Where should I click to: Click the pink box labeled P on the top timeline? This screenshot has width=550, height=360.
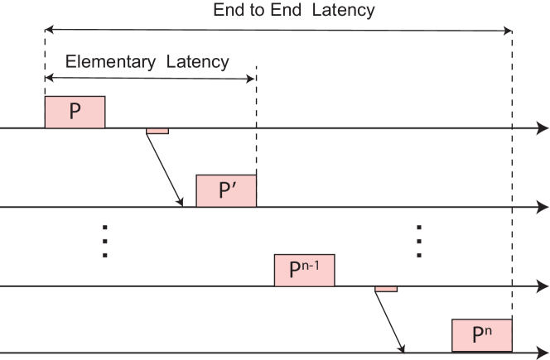click(x=75, y=112)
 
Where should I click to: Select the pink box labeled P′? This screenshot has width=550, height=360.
click(x=226, y=191)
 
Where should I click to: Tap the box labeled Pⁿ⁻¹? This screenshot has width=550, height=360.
click(x=304, y=271)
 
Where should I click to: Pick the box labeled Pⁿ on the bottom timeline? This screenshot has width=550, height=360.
click(x=482, y=335)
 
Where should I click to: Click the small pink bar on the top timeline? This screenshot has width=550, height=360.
click(x=157, y=131)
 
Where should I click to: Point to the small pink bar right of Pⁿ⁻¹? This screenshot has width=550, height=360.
click(x=386, y=289)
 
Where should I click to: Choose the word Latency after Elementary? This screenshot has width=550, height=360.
click(x=196, y=62)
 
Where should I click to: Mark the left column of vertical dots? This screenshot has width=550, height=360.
click(x=105, y=241)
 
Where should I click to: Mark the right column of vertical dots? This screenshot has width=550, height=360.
click(x=419, y=241)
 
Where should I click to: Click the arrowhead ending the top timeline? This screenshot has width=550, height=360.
click(x=543, y=128)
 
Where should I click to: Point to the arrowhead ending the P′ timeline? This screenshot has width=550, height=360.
click(x=543, y=207)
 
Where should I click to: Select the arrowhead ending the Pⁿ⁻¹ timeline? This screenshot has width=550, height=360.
click(x=543, y=286)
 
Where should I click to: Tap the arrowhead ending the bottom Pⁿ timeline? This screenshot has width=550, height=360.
click(x=543, y=354)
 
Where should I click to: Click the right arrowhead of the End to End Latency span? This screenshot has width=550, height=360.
click(x=508, y=30)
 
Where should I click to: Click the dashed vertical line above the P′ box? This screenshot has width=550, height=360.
click(x=257, y=124)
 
